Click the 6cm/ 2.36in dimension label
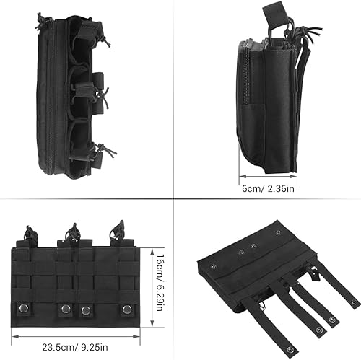coord(268,188)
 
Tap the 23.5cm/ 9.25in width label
coord(75,347)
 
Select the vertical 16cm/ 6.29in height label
coord(160,283)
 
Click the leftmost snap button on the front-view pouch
coord(24,307)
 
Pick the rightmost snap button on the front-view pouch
coord(126,309)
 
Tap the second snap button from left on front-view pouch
coord(66,309)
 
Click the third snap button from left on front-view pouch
coord(86,310)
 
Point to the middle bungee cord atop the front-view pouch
coord(72,232)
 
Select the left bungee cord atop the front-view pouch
coord(30,233)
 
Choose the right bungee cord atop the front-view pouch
coord(117,229)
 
